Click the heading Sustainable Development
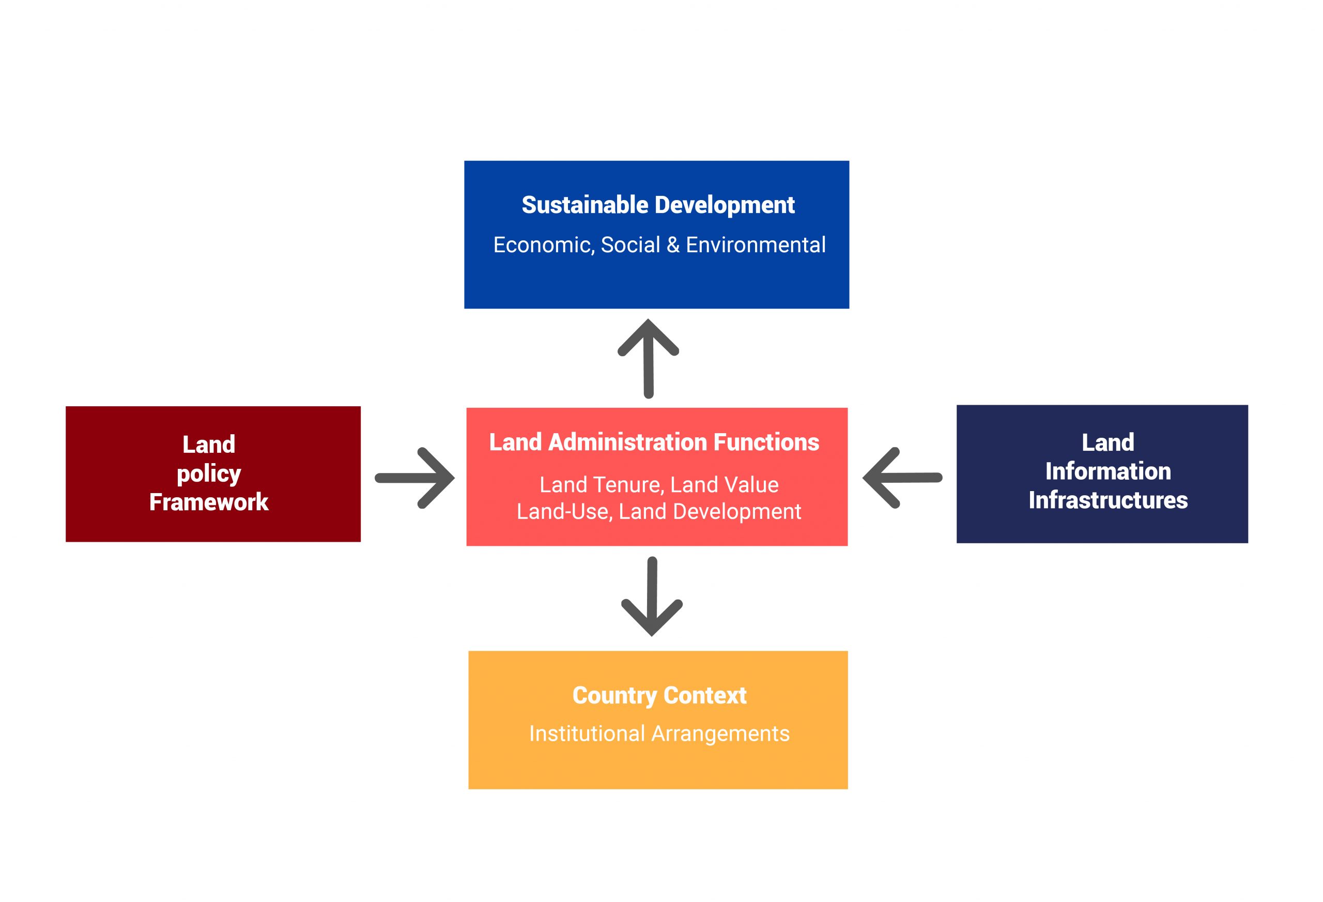[x=657, y=205]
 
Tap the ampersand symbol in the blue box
[x=673, y=245]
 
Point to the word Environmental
[x=756, y=245]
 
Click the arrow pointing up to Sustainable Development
[x=648, y=359]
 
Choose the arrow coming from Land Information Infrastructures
[x=902, y=478]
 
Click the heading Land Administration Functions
[x=654, y=442]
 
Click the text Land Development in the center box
[x=710, y=511]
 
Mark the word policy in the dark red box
[x=209, y=475]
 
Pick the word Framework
[x=209, y=502]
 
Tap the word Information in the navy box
[x=1108, y=471]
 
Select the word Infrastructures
[x=1108, y=500]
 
